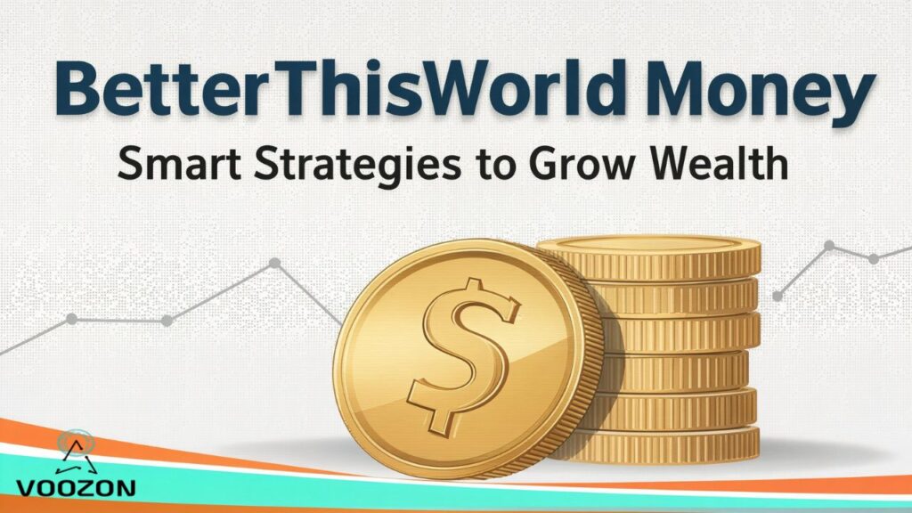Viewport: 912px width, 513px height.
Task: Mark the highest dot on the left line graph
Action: click(x=275, y=263)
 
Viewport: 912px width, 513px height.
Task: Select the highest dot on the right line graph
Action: click(x=829, y=245)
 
